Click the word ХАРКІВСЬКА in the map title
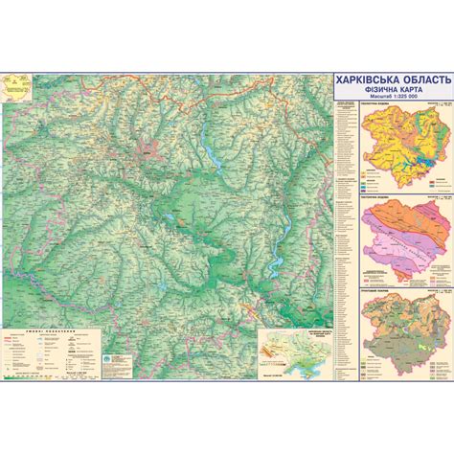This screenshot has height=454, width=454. (x=363, y=81)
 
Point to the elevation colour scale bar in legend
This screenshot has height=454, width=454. (x=53, y=378)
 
